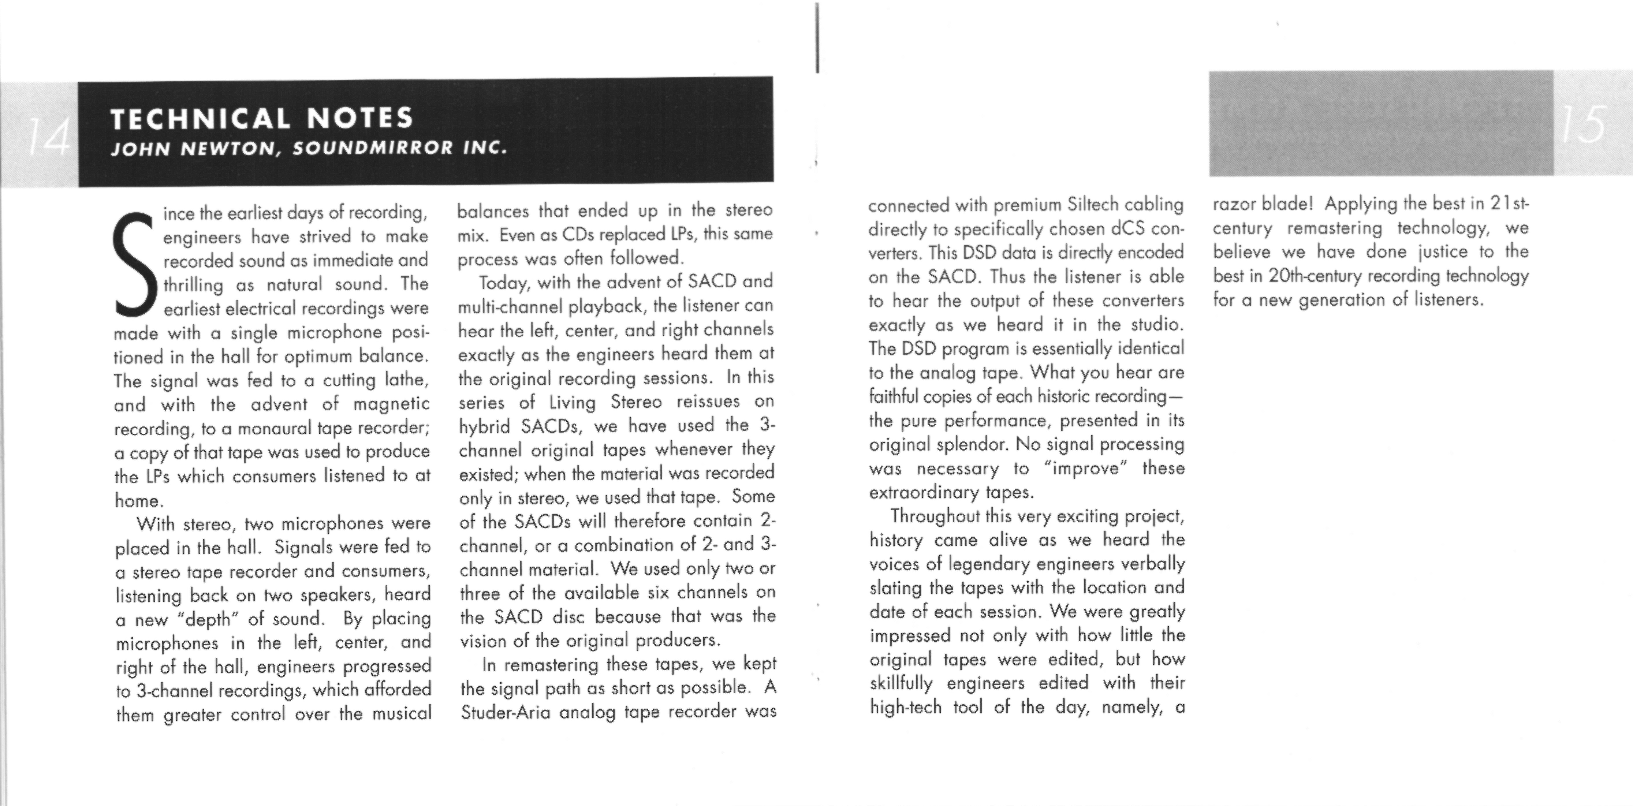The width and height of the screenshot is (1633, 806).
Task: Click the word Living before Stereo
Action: tap(573, 402)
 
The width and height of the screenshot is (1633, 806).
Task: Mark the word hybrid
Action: tap(484, 426)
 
